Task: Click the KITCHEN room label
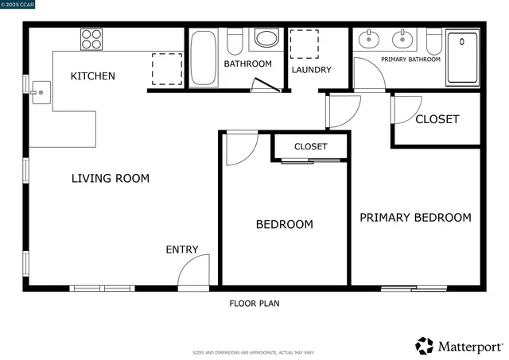click(x=93, y=76)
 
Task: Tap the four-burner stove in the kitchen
click(x=90, y=39)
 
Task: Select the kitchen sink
click(x=39, y=93)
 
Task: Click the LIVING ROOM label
click(x=111, y=179)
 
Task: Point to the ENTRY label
click(x=182, y=250)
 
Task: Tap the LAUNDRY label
click(x=311, y=70)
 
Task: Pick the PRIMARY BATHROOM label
click(x=410, y=60)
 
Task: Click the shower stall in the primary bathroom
click(x=463, y=57)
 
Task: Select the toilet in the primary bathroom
click(x=433, y=41)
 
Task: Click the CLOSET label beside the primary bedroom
click(x=437, y=119)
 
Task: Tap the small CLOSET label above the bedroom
click(x=311, y=146)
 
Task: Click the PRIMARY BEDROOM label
click(x=415, y=218)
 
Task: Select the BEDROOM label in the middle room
click(x=284, y=225)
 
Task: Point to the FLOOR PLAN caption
click(x=254, y=303)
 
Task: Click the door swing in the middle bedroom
click(x=241, y=148)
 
